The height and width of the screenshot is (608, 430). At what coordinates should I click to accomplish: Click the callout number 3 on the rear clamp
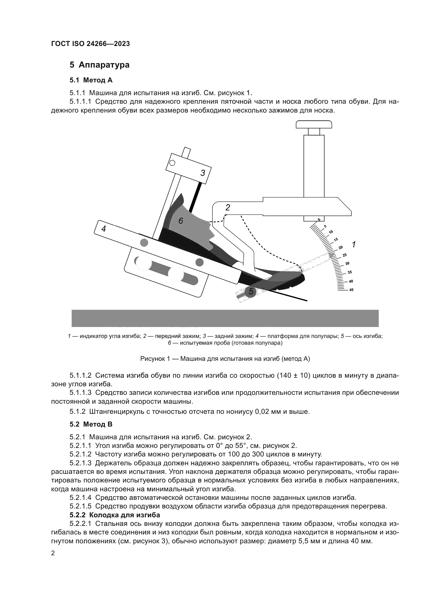(x=203, y=173)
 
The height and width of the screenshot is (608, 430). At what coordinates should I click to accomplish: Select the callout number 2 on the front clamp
(x=227, y=208)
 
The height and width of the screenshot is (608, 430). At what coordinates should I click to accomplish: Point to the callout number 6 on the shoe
(x=181, y=221)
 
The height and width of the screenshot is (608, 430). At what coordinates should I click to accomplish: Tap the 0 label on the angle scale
(x=319, y=220)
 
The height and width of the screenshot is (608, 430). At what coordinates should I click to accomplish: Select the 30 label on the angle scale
(x=347, y=264)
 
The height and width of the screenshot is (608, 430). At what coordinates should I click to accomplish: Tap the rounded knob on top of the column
(x=314, y=124)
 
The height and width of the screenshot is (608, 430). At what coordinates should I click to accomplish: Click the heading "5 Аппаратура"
(x=100, y=65)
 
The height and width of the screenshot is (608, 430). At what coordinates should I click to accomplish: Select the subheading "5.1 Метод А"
(x=91, y=80)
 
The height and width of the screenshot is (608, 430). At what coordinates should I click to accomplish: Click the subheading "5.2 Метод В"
(x=91, y=424)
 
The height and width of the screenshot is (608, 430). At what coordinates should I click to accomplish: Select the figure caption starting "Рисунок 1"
(x=225, y=359)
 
